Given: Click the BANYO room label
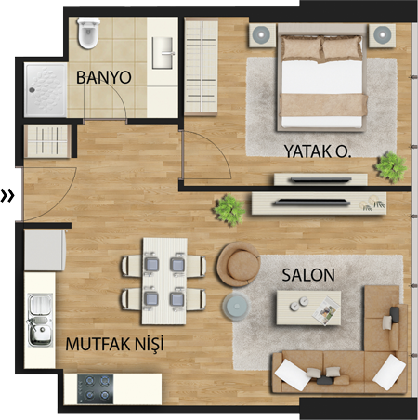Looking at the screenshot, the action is pyautogui.click(x=104, y=77).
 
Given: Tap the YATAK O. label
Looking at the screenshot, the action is pyautogui.click(x=318, y=151).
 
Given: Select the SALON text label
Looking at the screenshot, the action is pyautogui.click(x=308, y=275).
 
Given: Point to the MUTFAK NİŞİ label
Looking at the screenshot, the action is pyautogui.click(x=114, y=344).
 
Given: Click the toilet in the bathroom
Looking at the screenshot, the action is pyautogui.click(x=89, y=33).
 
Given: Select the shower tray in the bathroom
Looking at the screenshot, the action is pyautogui.click(x=46, y=90).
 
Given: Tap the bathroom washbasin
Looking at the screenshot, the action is pyautogui.click(x=163, y=53).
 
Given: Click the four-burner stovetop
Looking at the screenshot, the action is pyautogui.click(x=96, y=389).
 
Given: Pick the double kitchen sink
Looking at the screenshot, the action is pyautogui.click(x=40, y=320).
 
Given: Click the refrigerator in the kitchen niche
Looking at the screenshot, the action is pyautogui.click(x=46, y=250).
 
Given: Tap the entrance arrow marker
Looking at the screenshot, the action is pyautogui.click(x=7, y=196).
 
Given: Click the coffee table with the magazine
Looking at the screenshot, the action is pyautogui.click(x=308, y=308).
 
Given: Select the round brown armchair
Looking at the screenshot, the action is pyautogui.click(x=239, y=264).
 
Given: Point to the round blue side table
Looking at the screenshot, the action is pyautogui.click(x=237, y=306).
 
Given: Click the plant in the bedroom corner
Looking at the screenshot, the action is pyautogui.click(x=391, y=166).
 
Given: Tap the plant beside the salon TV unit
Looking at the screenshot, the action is pyautogui.click(x=229, y=209).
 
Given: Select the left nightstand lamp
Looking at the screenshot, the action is pyautogui.click(x=262, y=35).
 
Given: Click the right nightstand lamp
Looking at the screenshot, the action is pyautogui.click(x=383, y=34).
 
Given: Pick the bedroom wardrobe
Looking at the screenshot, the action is pyautogui.click(x=202, y=66).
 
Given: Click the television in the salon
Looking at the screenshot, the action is pyautogui.click(x=311, y=203).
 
